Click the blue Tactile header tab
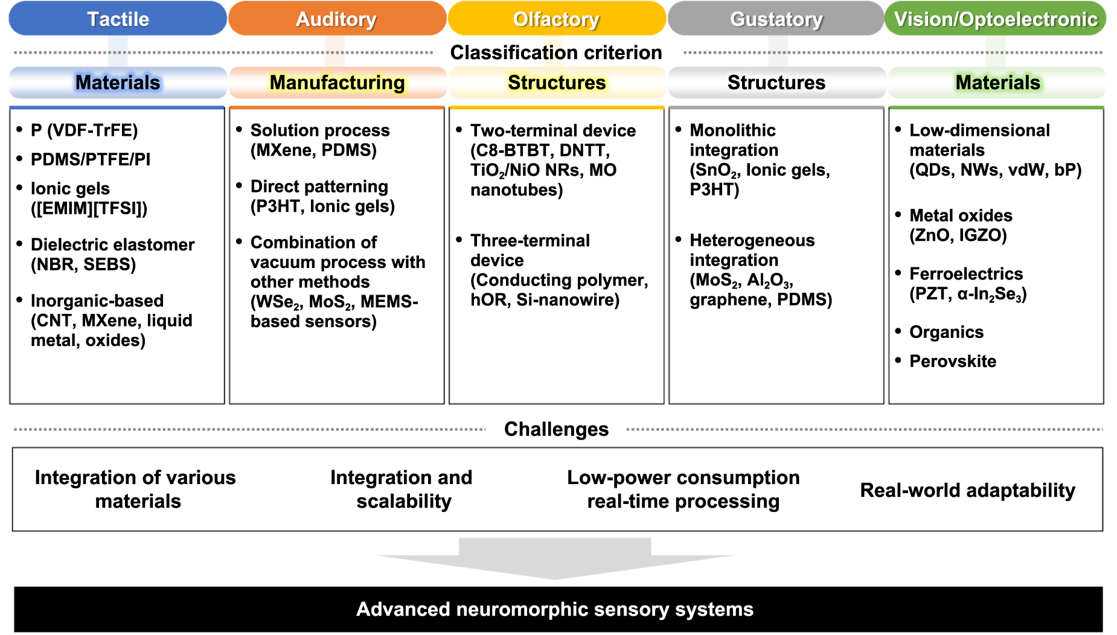118,19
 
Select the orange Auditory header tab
336,19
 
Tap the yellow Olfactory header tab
556,19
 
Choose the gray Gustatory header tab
776,19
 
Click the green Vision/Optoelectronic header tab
995,19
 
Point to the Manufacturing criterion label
337,83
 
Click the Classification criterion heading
556,53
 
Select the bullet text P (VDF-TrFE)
84,130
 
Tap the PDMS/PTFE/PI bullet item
91,159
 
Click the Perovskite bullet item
952,361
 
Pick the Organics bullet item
946,332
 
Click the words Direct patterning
319,187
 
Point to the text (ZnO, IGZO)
958,235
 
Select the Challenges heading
556,429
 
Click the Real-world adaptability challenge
967,490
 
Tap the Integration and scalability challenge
402,489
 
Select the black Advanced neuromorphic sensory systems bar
555,609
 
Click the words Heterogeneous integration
752,250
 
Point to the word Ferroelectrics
966,274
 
